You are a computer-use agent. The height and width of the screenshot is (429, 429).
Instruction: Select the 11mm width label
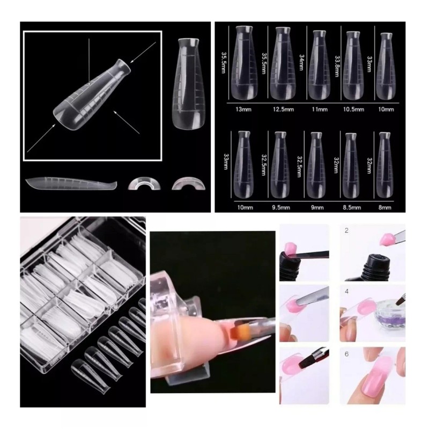pos(320,109)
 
